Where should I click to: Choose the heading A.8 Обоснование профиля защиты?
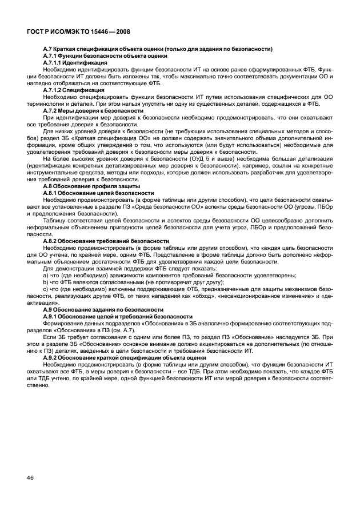pos(91,186)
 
